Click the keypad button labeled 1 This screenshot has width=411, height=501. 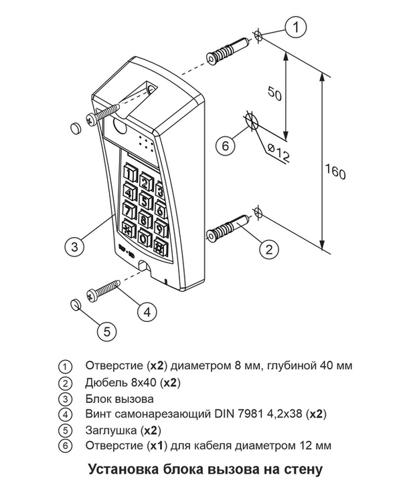pos(129,174)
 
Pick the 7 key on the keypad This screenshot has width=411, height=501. pos(129,212)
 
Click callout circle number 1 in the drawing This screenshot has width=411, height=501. pos(295,27)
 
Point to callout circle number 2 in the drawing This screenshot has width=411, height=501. pos(268,250)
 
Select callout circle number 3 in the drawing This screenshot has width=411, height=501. pos(75,246)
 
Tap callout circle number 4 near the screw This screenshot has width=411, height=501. pos(148,310)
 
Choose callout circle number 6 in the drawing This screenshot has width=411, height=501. pos(225,145)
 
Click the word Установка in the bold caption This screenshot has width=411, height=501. pos(120,470)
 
